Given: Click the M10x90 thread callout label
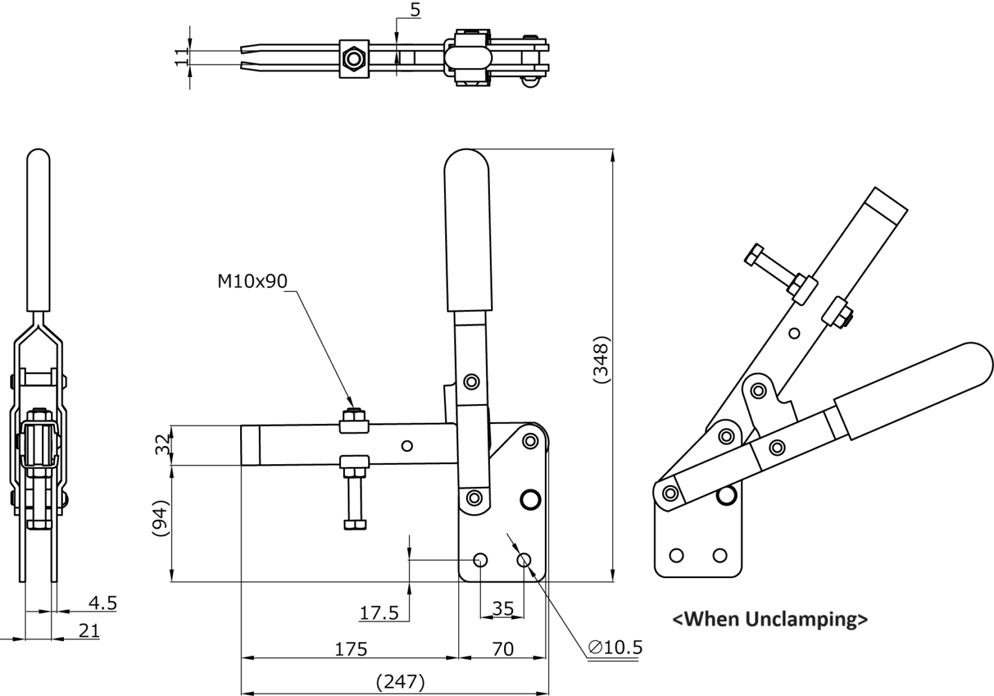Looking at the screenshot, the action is (252, 281).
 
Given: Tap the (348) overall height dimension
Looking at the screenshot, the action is (601, 360).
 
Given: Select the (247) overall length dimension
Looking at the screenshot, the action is (401, 682).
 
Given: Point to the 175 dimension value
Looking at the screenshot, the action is (351, 649).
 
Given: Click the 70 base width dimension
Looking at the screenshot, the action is (503, 649).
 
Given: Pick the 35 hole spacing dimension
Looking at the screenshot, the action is (503, 609).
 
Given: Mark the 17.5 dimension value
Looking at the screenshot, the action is (379, 613).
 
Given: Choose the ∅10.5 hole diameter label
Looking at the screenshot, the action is (615, 647).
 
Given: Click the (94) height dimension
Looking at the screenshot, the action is (160, 519).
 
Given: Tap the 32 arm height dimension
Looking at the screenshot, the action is (162, 444).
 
